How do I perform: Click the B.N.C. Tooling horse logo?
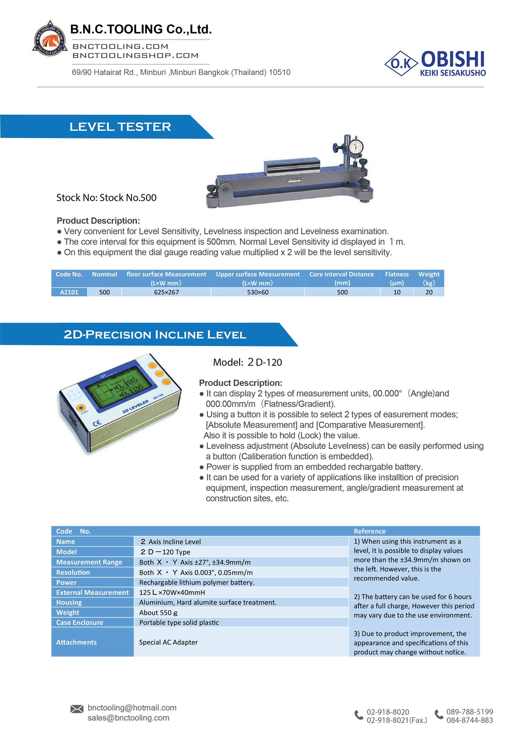[50, 39]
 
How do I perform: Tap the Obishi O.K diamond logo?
[401, 63]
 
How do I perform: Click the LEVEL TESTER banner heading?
[120, 127]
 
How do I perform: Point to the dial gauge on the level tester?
[355, 146]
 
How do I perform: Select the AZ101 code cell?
[69, 292]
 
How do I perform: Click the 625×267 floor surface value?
[166, 292]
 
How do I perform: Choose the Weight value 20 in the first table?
[429, 292]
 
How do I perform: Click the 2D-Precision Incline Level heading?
[155, 335]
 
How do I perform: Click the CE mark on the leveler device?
[97, 423]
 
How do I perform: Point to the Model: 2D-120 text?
[247, 362]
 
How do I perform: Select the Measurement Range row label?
[89, 562]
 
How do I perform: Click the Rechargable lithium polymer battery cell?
[197, 583]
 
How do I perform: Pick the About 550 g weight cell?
[158, 613]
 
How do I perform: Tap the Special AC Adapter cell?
[168, 642]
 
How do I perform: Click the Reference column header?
[370, 531]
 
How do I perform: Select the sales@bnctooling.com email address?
[128, 718]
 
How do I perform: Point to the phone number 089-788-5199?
[469, 712]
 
